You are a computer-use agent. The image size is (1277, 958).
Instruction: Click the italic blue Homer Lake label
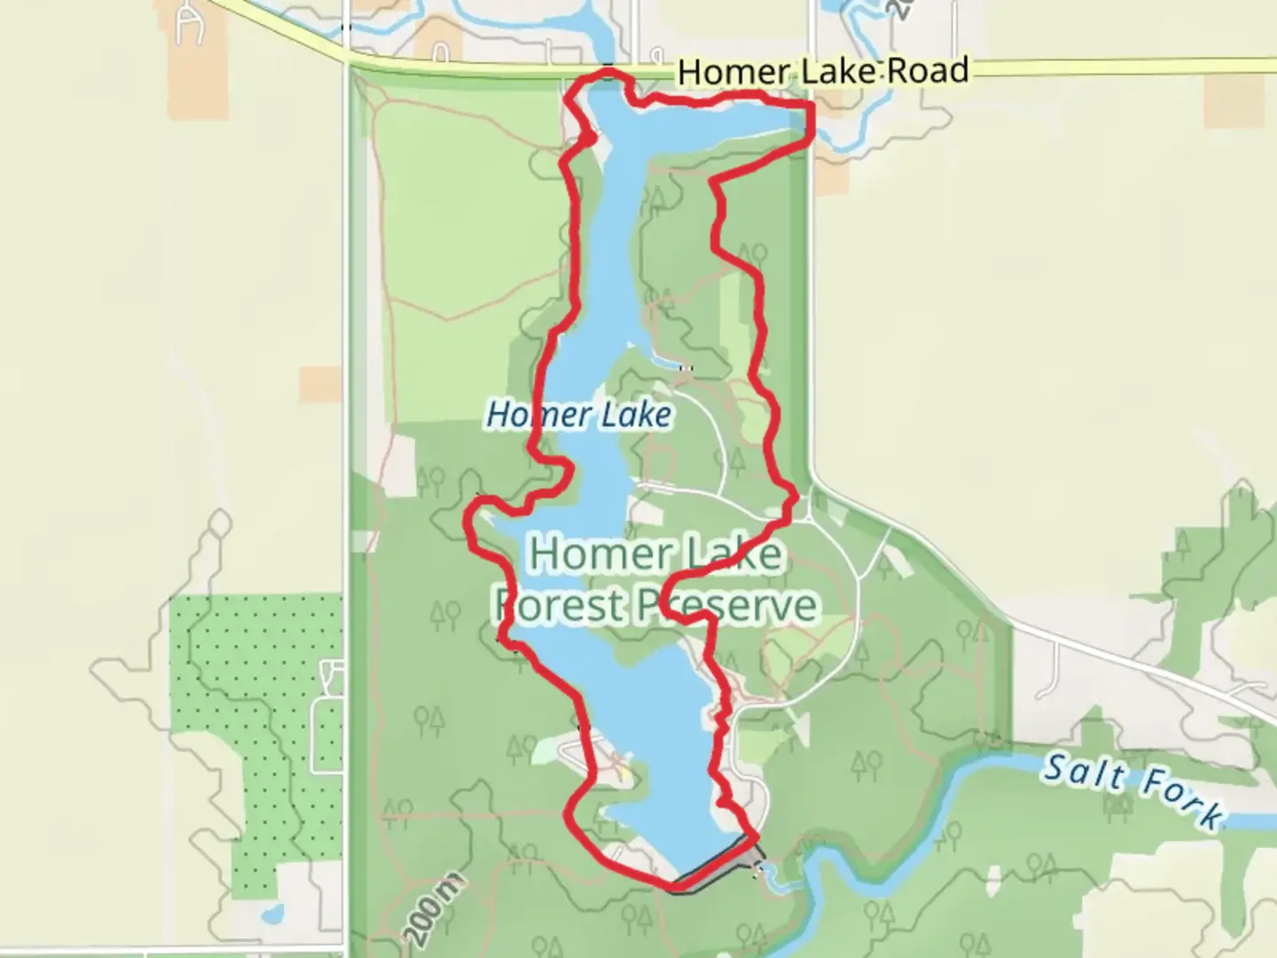[579, 414]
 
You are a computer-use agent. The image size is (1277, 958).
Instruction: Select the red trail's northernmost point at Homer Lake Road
[607, 71]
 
